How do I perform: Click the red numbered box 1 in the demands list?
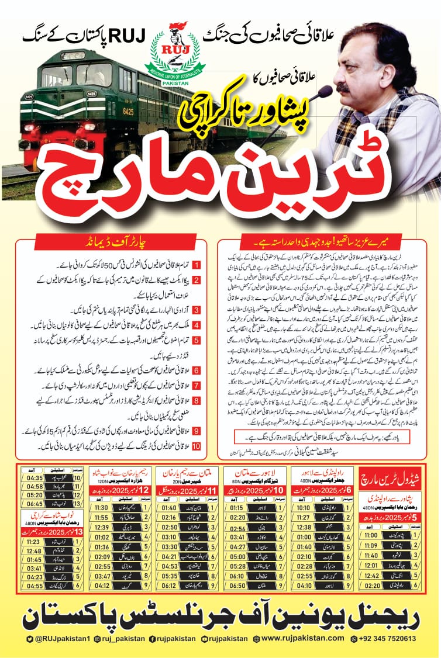coord(197,264)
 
